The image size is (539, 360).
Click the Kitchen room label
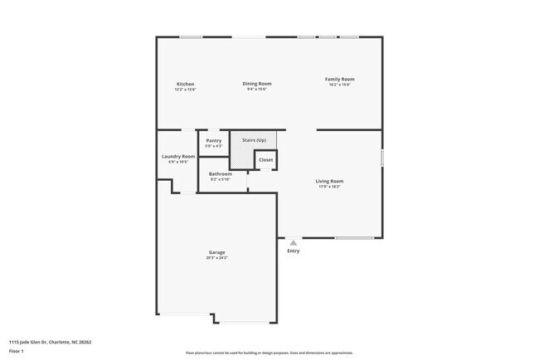point(185,84)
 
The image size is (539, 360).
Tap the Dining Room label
point(257,83)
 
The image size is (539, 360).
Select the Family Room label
point(339,79)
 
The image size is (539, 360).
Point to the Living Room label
point(329,181)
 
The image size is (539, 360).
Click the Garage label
point(216,252)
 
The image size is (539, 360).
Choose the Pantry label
point(213,141)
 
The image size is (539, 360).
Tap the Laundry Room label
point(178,156)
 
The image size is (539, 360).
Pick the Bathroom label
point(221,173)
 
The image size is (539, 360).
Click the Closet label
point(265,159)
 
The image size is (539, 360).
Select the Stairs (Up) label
point(254,140)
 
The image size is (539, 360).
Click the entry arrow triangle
point(293,243)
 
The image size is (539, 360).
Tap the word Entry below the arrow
point(294,251)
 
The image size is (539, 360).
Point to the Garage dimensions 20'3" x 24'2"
point(216,258)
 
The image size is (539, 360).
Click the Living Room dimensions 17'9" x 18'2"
point(329,187)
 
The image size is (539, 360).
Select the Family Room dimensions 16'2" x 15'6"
point(339,85)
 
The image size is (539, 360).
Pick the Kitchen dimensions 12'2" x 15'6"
point(185,89)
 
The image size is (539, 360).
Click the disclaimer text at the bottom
point(269,353)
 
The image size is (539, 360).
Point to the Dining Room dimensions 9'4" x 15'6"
point(257,89)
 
